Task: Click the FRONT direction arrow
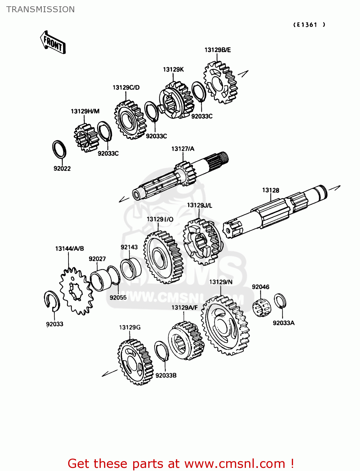pyautogui.click(x=53, y=43)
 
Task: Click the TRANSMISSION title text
pyautogui.click(x=41, y=9)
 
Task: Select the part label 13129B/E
pyautogui.click(x=217, y=50)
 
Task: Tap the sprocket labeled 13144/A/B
pyautogui.click(x=76, y=290)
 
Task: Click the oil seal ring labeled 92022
pyautogui.click(x=59, y=149)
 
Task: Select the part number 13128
pyautogui.click(x=270, y=190)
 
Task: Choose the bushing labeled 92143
pyautogui.click(x=131, y=269)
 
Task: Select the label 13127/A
pyautogui.click(x=183, y=149)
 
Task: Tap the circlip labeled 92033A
pyautogui.click(x=280, y=301)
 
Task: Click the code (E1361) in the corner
pyautogui.click(x=309, y=25)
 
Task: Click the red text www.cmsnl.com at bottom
pyautogui.click(x=234, y=463)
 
